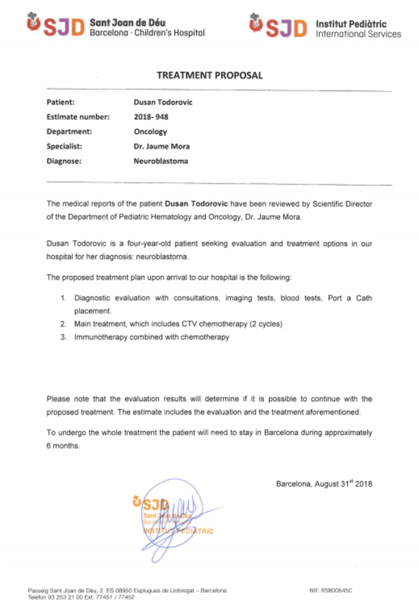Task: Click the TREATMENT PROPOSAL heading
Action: (209, 75)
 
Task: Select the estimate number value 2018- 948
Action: (151, 117)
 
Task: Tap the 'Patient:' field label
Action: (60, 102)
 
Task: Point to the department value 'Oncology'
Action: (150, 132)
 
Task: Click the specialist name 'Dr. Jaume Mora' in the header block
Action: (161, 146)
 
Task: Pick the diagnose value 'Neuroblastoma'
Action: (160, 161)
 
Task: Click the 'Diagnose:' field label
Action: (64, 161)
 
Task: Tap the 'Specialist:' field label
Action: (64, 146)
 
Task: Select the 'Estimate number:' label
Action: (78, 117)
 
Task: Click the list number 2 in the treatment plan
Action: (63, 324)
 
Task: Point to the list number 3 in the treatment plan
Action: (63, 337)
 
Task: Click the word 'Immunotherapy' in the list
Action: (101, 337)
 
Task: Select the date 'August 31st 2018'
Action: (343, 484)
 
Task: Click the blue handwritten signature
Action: (176, 519)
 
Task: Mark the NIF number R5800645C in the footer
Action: (336, 590)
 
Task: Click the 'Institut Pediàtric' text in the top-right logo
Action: (351, 24)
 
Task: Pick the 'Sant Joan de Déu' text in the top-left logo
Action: (127, 23)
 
